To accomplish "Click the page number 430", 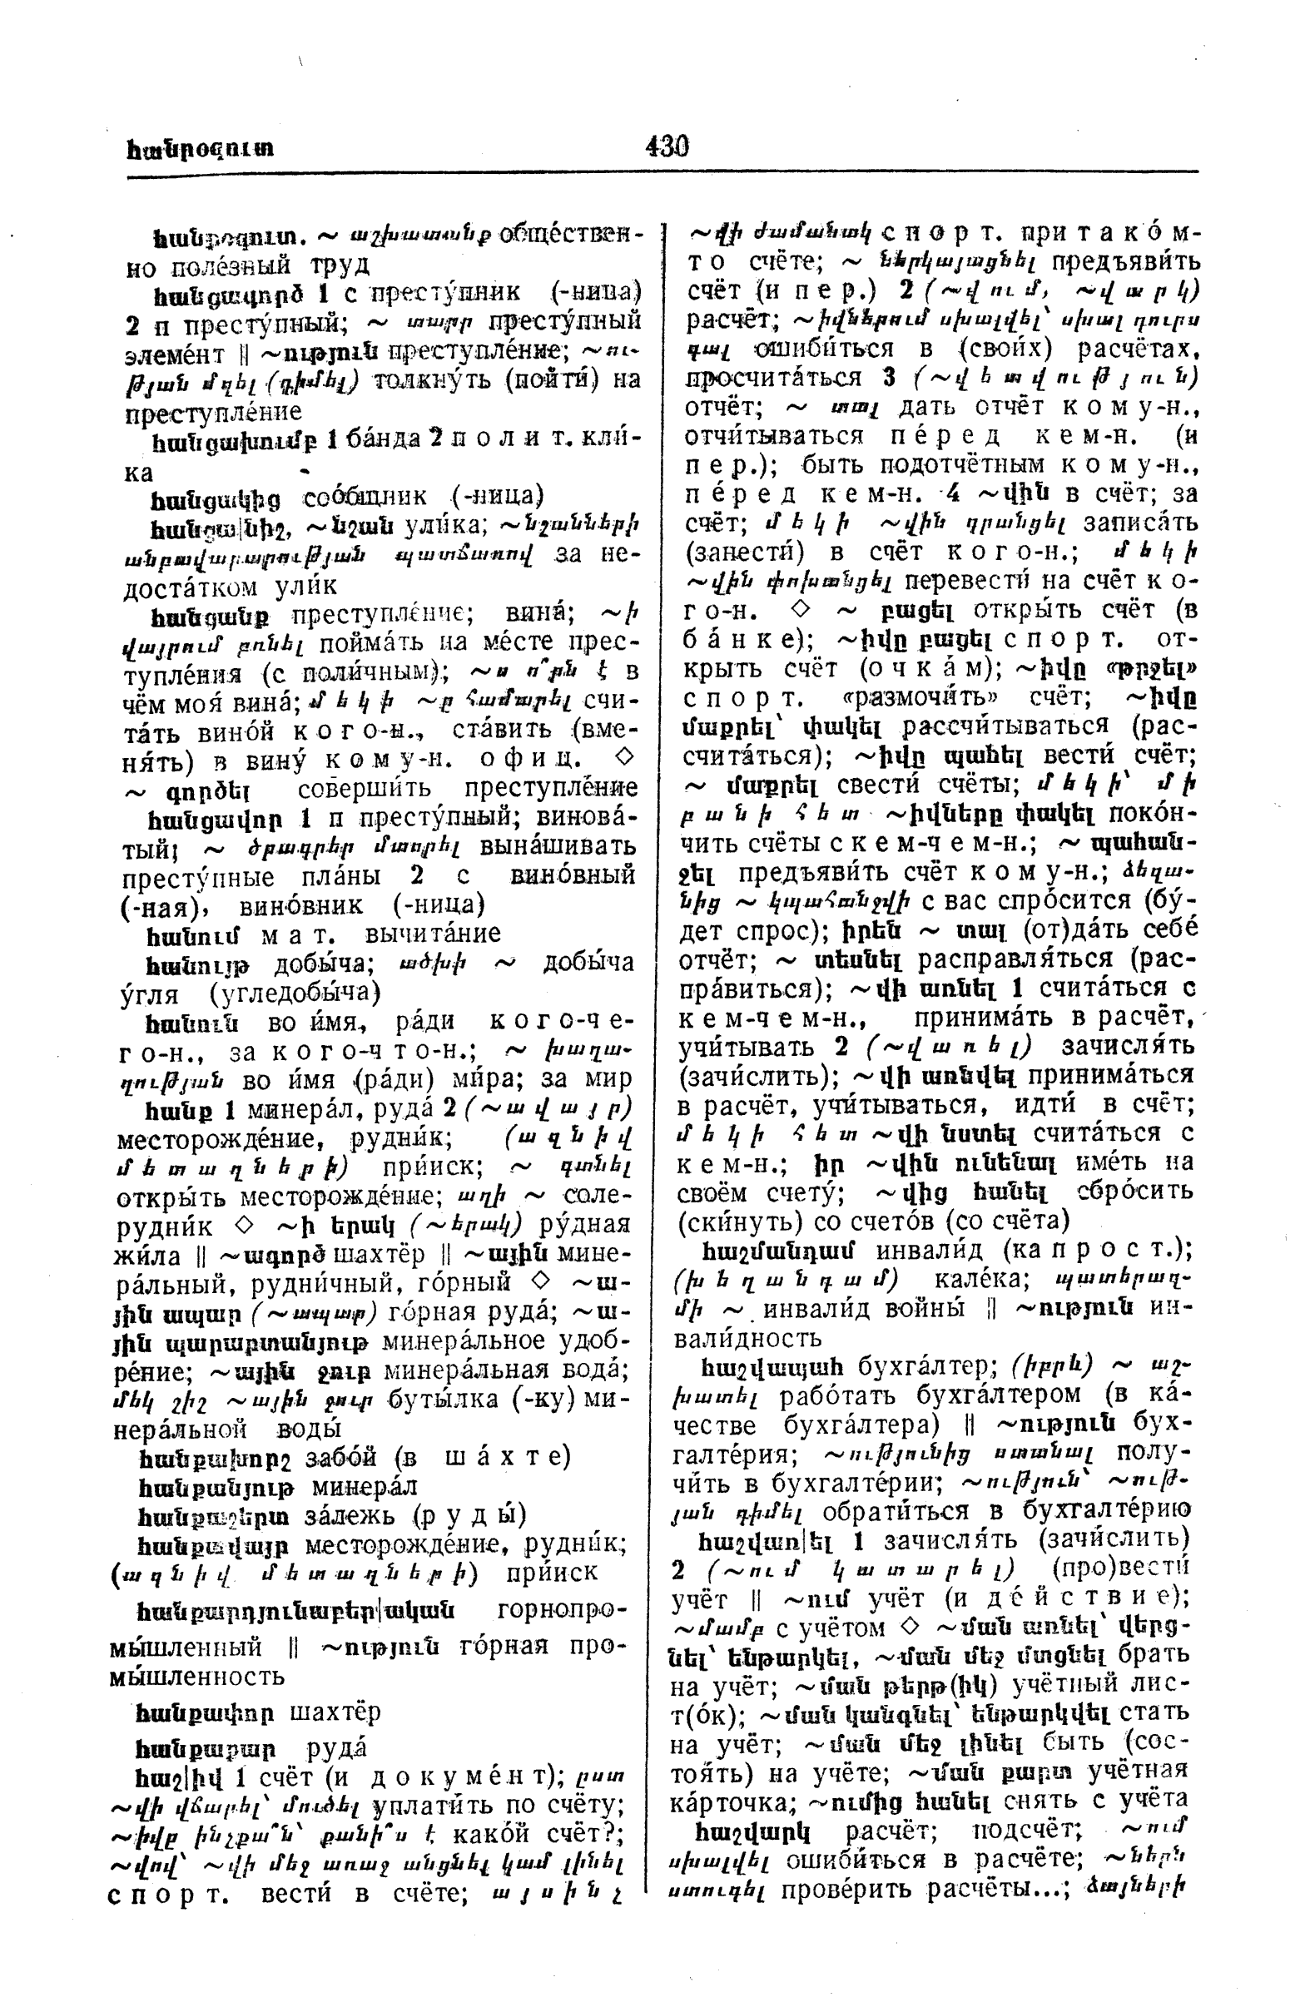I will point(667,146).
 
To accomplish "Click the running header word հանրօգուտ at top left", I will point(201,151).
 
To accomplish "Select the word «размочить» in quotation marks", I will point(884,698).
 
